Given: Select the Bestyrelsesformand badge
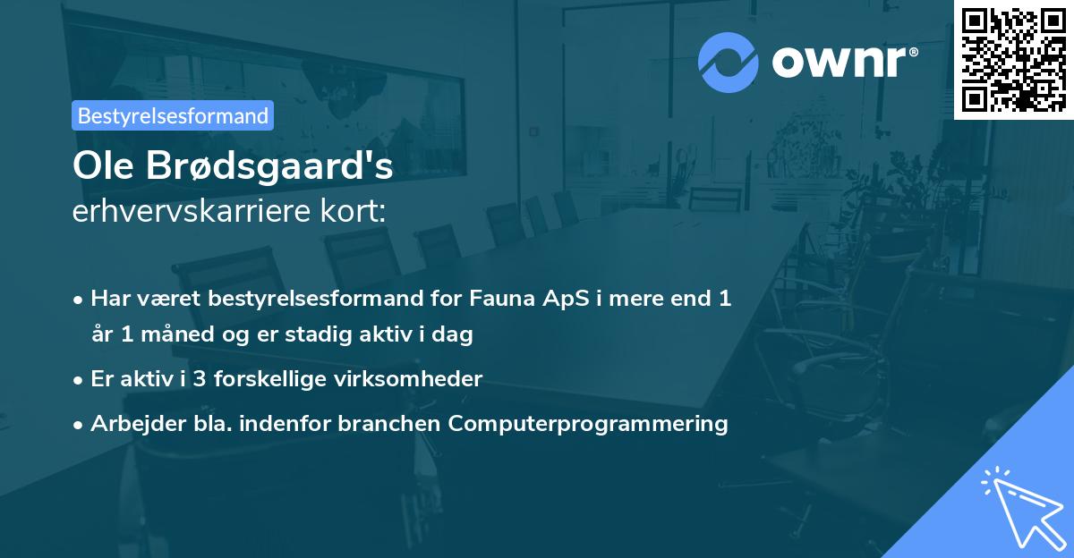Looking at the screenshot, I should click(x=173, y=115).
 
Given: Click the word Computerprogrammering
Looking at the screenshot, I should click(x=588, y=423).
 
